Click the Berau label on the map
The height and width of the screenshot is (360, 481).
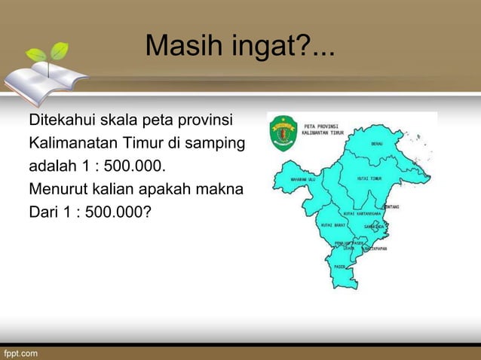click(378, 142)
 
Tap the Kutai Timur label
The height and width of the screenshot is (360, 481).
click(370, 178)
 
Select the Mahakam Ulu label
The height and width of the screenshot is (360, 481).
click(302, 180)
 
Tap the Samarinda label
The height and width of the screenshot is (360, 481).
click(375, 225)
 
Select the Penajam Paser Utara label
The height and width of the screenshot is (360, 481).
click(345, 246)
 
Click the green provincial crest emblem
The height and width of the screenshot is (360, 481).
click(284, 133)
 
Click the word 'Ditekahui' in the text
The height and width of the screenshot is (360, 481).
click(60, 121)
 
